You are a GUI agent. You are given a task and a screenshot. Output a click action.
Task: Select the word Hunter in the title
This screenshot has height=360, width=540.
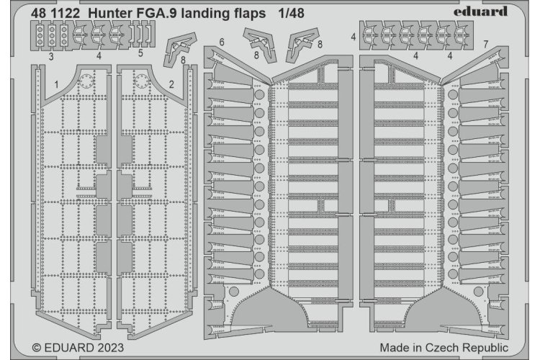117,11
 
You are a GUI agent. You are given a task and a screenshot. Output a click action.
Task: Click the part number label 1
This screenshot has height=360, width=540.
55,84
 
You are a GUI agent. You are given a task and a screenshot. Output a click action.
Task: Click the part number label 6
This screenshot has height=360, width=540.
222,43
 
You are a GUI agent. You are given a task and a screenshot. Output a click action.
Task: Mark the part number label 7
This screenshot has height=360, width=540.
487,45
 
